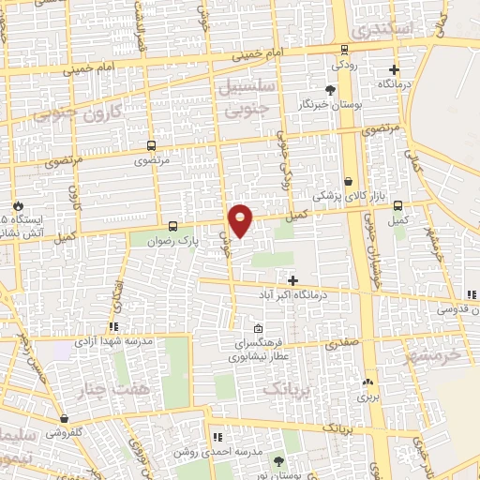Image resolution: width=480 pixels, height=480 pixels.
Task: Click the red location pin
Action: coord(241,220)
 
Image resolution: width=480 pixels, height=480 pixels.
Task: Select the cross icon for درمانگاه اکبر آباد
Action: coord(293,280)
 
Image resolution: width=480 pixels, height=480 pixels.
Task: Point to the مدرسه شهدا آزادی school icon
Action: coord(113,326)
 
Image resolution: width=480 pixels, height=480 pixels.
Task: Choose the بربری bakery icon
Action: coord(367,382)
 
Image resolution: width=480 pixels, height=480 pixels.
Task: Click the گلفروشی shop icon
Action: coord(63,419)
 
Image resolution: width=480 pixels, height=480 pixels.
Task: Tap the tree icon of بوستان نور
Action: coord(277,461)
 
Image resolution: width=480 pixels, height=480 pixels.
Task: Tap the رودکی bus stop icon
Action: coord(345,49)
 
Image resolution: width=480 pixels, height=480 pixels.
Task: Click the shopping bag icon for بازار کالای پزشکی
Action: coord(348,182)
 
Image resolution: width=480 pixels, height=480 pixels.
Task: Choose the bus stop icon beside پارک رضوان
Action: coord(172,226)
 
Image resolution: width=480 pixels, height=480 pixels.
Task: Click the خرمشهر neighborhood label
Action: coord(433,356)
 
